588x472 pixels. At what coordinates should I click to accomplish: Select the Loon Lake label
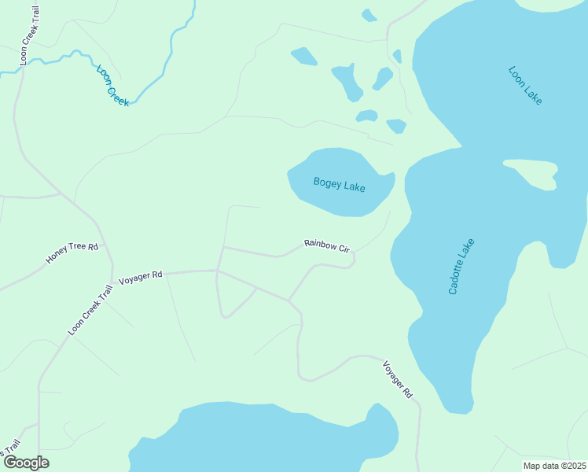(x=525, y=86)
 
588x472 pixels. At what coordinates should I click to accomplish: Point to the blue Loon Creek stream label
(x=112, y=85)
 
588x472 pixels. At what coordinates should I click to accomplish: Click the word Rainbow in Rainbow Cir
(x=321, y=245)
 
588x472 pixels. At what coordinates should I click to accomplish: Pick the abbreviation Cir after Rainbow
(x=344, y=248)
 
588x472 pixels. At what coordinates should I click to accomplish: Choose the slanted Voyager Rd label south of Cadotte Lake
(x=398, y=379)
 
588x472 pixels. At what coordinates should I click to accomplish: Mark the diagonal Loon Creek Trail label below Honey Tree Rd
(x=90, y=310)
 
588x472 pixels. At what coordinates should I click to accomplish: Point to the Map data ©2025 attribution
(x=554, y=466)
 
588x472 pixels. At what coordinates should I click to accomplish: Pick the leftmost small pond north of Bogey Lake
(x=304, y=56)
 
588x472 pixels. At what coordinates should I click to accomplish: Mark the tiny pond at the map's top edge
(x=369, y=15)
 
